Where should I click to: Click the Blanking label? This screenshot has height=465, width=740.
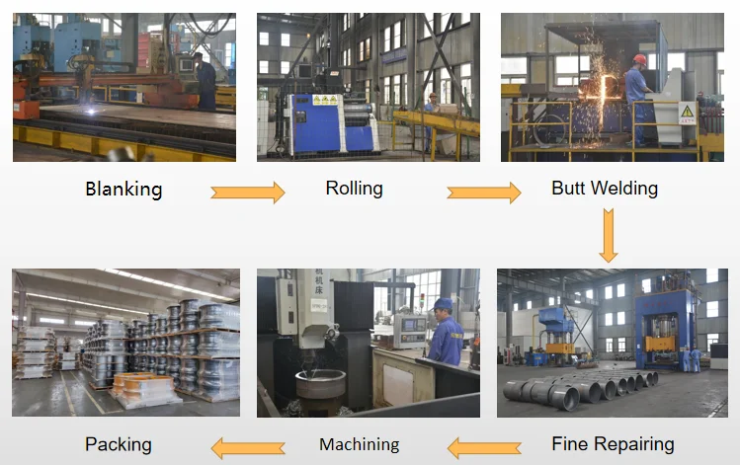pyautogui.click(x=123, y=189)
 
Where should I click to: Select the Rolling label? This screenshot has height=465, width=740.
pyautogui.click(x=354, y=188)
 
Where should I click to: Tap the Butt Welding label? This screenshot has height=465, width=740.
pyautogui.click(x=605, y=188)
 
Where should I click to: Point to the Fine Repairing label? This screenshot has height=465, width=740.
pyautogui.click(x=613, y=444)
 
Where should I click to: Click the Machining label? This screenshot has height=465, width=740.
pyautogui.click(x=360, y=445)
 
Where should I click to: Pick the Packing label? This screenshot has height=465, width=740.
pyautogui.click(x=119, y=444)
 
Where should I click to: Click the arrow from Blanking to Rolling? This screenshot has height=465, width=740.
pyautogui.click(x=247, y=193)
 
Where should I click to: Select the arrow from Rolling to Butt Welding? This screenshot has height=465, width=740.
pyautogui.click(x=483, y=193)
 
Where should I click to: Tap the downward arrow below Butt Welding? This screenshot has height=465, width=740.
pyautogui.click(x=609, y=238)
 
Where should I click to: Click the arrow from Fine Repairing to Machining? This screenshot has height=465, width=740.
pyautogui.click(x=484, y=448)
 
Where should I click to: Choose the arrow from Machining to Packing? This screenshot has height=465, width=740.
pyautogui.click(x=250, y=448)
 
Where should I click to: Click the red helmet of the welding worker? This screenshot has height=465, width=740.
pyautogui.click(x=640, y=59)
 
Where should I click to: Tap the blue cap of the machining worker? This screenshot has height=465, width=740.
pyautogui.click(x=444, y=304)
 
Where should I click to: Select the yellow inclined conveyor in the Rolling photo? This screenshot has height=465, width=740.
pyautogui.click(x=435, y=122)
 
